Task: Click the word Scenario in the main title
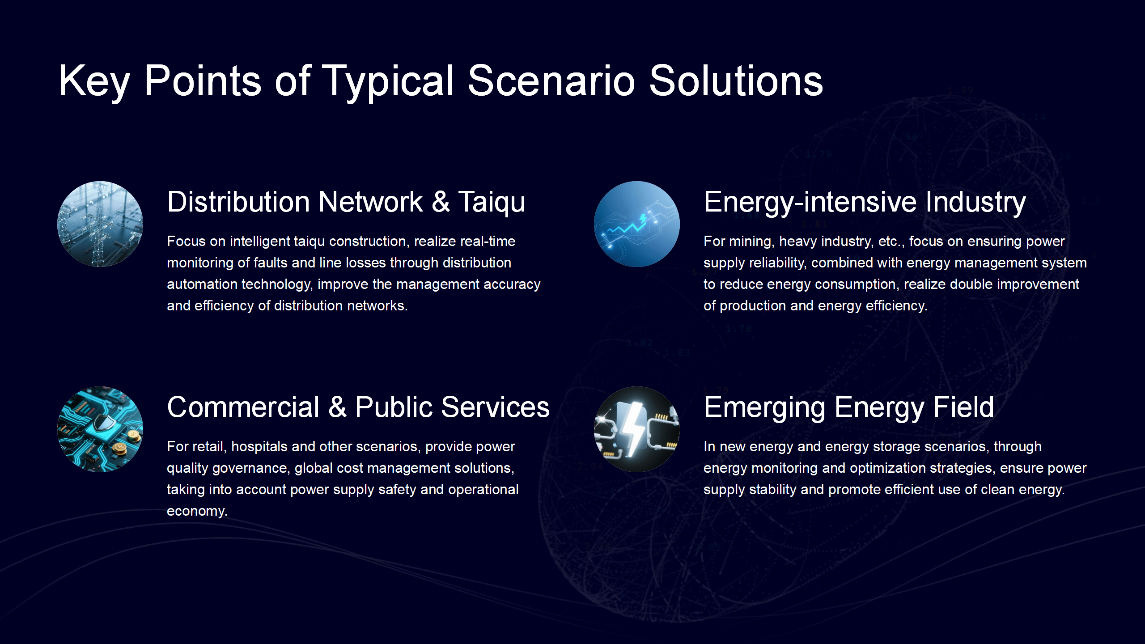[x=551, y=81]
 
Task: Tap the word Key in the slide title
[x=94, y=82]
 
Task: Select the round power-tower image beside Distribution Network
[x=100, y=224]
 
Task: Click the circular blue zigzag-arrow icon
[x=637, y=224]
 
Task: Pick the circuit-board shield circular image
[x=100, y=429]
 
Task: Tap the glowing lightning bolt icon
[x=637, y=429]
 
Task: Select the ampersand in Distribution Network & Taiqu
[x=441, y=202]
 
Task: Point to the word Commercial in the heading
[x=243, y=407]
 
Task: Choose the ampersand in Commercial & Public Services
[x=338, y=407]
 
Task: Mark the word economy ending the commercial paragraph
[x=197, y=512]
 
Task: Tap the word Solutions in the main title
[x=736, y=81]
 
